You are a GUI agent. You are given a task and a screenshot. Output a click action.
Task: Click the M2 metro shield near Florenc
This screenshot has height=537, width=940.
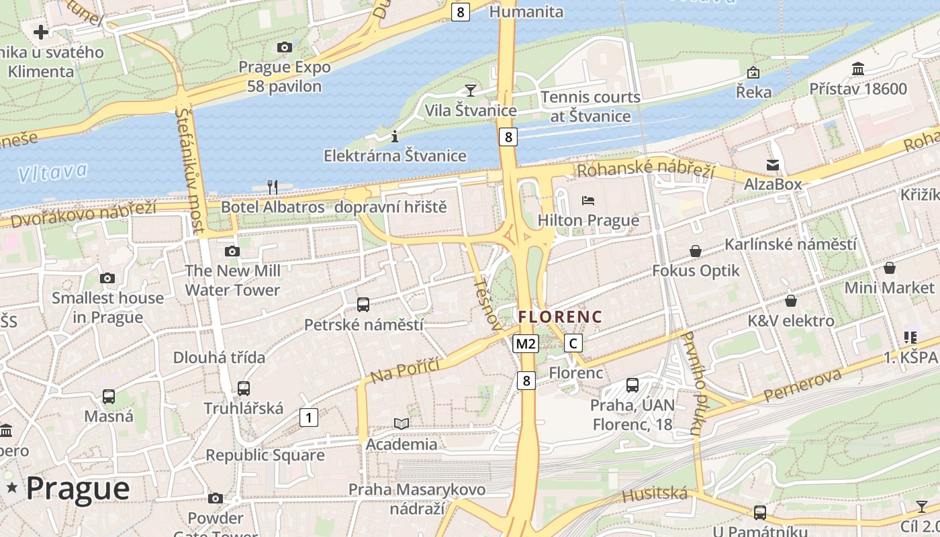526,344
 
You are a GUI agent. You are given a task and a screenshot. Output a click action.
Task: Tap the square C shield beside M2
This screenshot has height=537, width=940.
573,343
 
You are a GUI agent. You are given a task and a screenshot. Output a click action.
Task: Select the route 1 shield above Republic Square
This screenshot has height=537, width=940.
308,418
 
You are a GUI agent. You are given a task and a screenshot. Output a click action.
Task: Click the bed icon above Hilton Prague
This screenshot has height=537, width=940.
588,200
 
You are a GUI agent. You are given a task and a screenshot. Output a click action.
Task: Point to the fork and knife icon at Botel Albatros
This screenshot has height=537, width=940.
273,187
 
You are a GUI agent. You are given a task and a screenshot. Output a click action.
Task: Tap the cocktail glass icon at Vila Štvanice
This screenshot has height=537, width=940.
471,90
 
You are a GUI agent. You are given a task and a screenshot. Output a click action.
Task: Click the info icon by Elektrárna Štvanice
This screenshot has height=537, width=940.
395,136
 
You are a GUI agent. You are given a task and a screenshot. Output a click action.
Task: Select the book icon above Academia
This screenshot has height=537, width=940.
402,424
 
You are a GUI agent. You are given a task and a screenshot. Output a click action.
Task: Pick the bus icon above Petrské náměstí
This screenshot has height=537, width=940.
363,305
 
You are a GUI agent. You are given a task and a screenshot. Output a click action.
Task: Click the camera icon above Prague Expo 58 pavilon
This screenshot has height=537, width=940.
285,47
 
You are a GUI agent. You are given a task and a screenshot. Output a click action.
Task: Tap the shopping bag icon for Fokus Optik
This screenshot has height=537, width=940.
696,251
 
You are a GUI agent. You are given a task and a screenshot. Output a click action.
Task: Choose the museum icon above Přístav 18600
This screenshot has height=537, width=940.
857,68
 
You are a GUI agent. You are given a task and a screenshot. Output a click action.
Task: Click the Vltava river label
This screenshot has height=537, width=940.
52,172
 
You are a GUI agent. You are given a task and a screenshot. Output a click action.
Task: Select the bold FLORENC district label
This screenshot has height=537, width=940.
560,316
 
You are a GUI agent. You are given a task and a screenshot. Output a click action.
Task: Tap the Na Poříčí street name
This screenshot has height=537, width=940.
405,370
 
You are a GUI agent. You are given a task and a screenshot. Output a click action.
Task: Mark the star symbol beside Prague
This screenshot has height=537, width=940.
11,488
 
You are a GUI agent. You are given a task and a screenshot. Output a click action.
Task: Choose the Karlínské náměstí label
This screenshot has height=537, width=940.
790,244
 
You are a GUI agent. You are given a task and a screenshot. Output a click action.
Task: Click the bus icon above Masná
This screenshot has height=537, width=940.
109,397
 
